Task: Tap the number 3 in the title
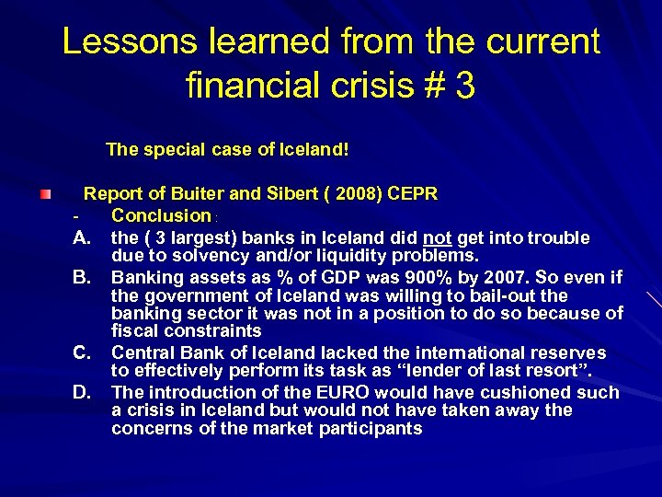464,87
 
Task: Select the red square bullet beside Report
44,195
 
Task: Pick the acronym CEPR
414,194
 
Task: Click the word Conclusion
161,215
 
